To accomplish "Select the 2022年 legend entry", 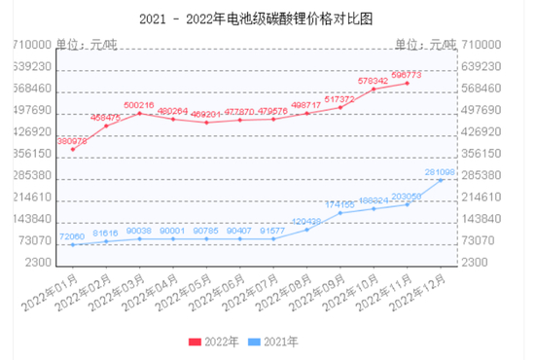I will coord(217,342).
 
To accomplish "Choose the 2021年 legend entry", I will coord(275,342).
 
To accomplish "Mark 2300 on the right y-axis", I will coord(474,263).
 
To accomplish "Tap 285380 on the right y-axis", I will coord(481,175).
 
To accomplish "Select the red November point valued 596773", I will coord(407,84).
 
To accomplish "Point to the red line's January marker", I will coord(73,150).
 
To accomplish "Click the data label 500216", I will coord(139,105).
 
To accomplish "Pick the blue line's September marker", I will coord(340,213).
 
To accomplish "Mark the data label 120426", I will coord(306,221).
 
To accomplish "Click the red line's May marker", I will coord(206,123).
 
